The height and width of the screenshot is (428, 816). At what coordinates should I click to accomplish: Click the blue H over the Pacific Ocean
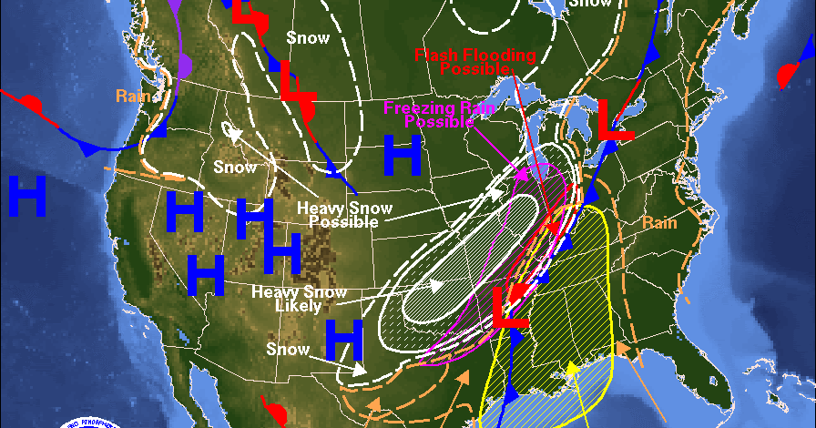coord(27,196)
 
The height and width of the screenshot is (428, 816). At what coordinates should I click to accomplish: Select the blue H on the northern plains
coord(402,155)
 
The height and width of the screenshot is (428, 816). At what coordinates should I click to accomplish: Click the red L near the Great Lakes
coord(615,119)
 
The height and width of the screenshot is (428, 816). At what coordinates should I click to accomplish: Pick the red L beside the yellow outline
coord(511,308)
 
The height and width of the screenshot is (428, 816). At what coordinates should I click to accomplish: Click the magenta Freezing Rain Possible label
coord(439,115)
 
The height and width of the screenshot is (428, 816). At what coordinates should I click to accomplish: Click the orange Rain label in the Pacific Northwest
coord(132,95)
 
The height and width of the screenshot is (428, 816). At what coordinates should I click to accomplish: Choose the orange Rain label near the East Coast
coord(659,223)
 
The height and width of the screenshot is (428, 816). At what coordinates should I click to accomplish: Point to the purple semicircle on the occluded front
coord(186,65)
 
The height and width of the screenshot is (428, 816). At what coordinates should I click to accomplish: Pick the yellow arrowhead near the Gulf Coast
coord(572,369)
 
